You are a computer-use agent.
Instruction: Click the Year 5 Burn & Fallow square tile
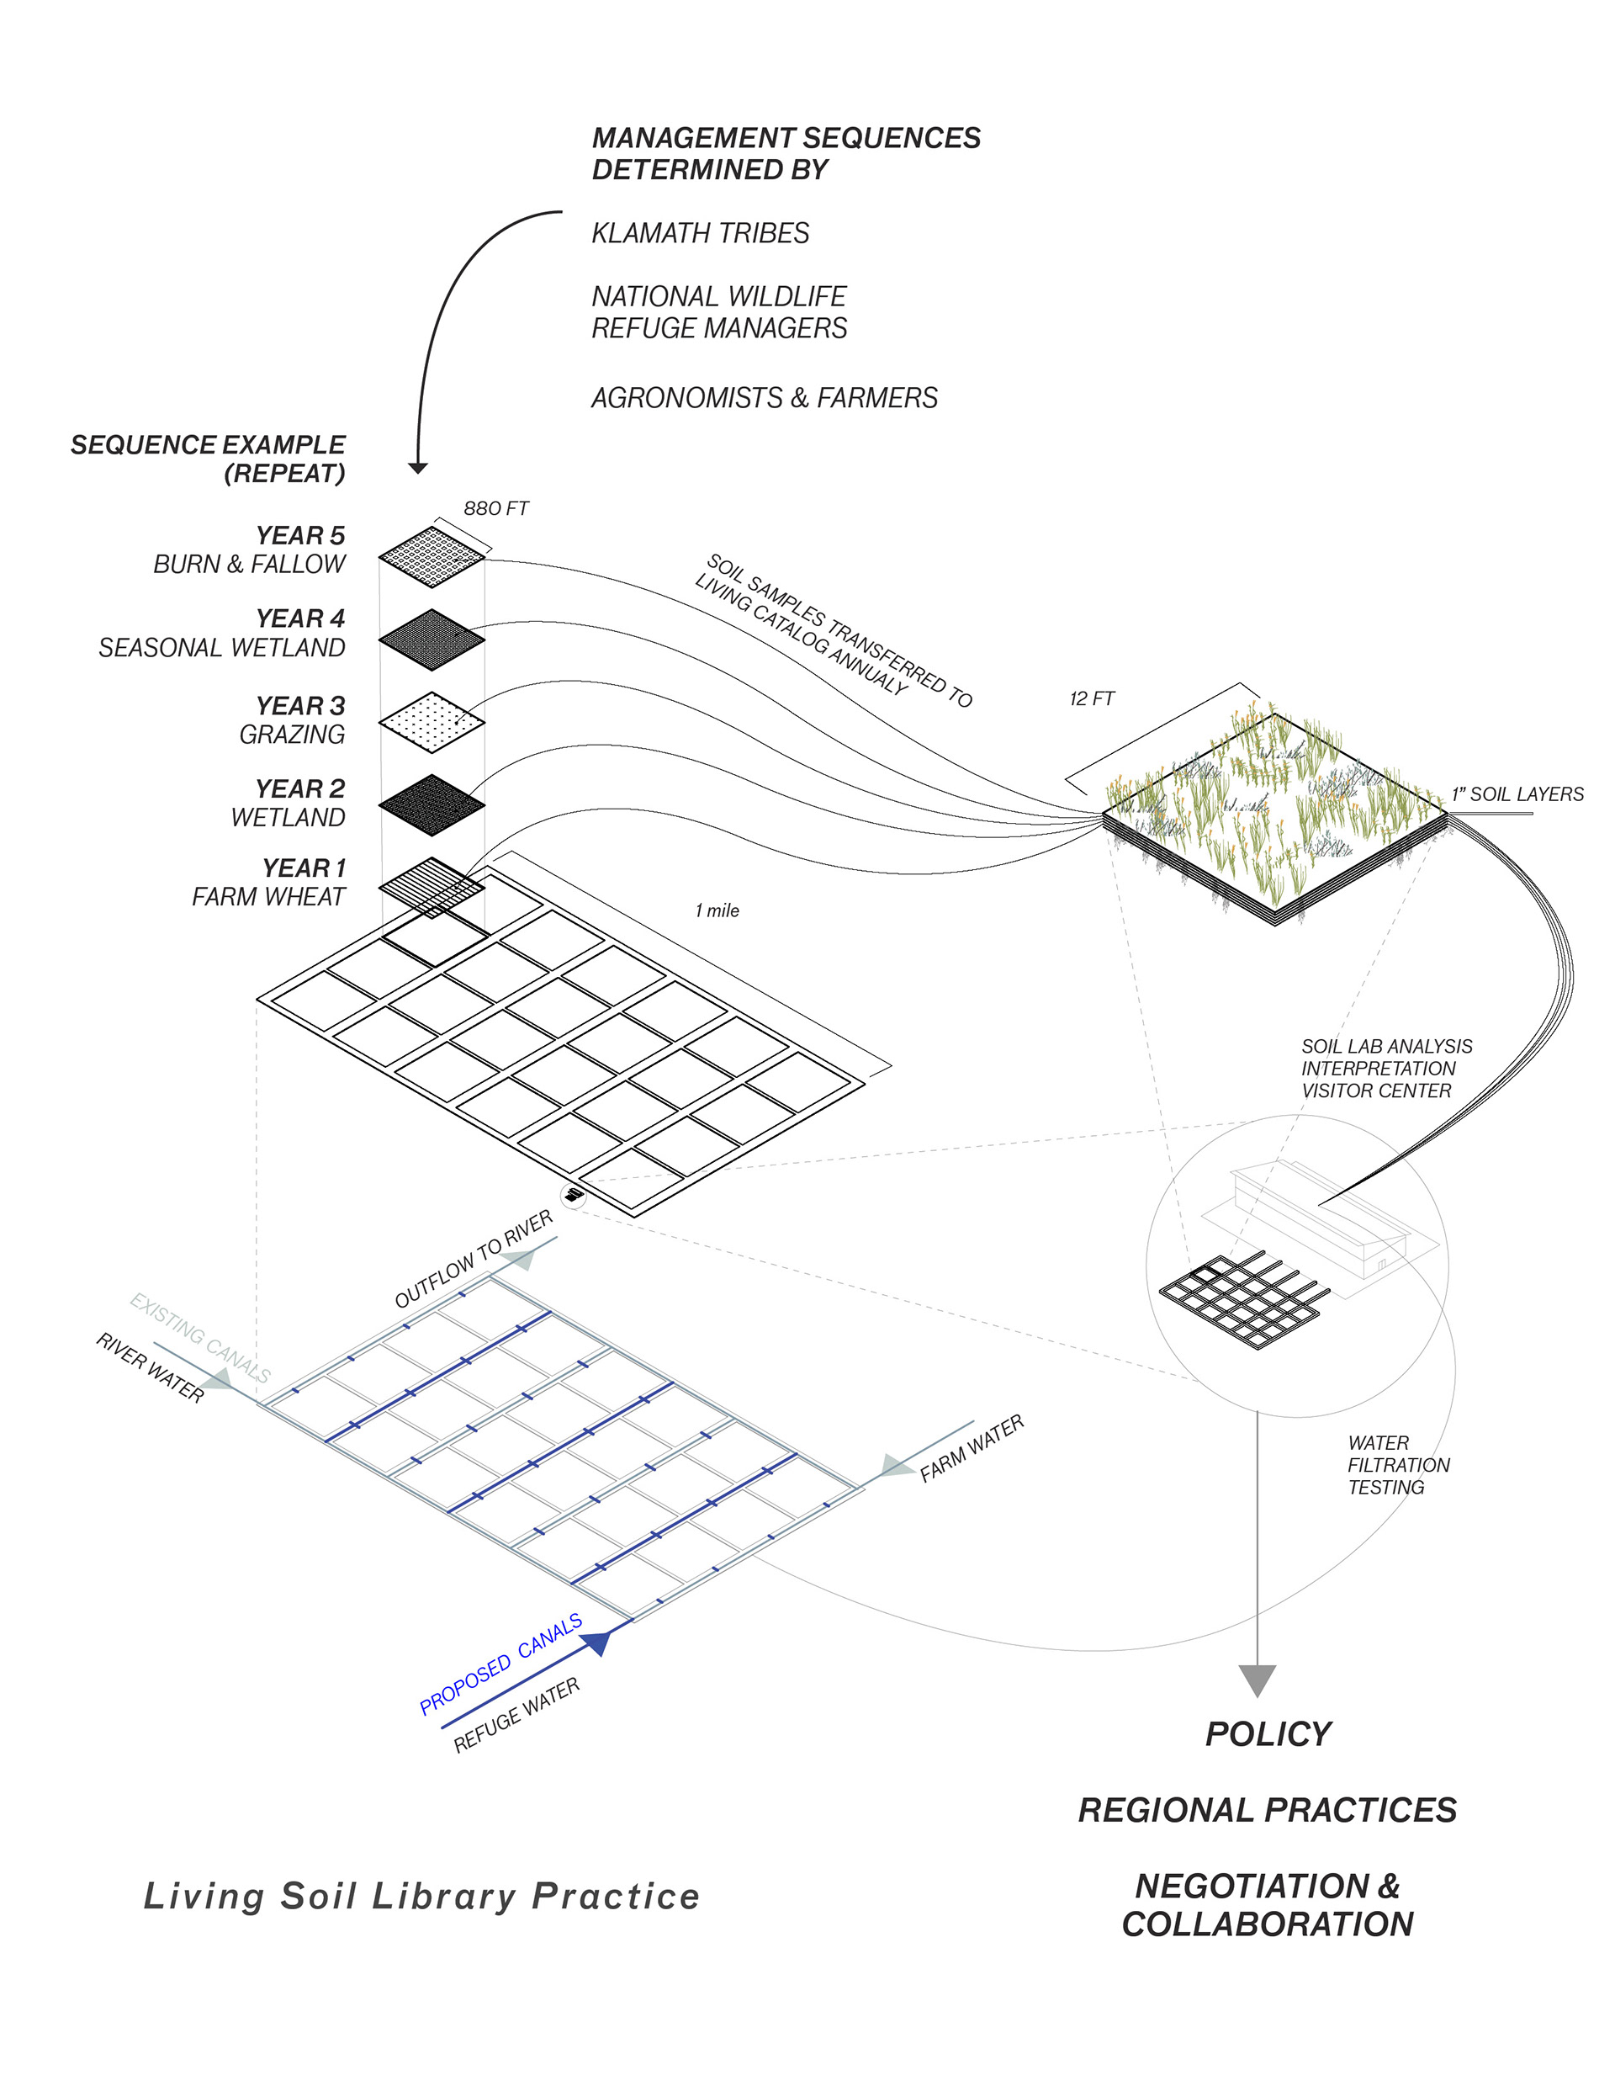[x=432, y=555]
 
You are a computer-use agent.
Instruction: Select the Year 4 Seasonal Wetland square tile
[x=432, y=639]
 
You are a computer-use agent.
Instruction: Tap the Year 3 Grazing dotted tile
[x=432, y=722]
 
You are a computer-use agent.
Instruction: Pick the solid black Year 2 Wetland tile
[x=432, y=804]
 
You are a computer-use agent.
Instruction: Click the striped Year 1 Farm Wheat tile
[x=432, y=885]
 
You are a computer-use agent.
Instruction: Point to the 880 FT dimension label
[x=496, y=508]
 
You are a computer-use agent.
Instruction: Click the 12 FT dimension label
[x=1091, y=699]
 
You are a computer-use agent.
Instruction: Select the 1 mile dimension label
[x=717, y=910]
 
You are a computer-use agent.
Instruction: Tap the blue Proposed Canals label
[x=500, y=1664]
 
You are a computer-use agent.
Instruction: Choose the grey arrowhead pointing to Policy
[x=1257, y=1680]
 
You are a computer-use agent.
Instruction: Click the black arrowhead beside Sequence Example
[x=417, y=467]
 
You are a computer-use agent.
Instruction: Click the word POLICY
[x=1268, y=1734]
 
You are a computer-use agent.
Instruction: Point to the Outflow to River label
[x=474, y=1259]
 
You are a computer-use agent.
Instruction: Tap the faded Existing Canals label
[x=200, y=1338]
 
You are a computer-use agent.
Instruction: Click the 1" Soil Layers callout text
[x=1517, y=794]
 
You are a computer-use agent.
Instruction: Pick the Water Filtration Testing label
[x=1398, y=1465]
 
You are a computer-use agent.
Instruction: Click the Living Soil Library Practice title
[x=421, y=1897]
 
